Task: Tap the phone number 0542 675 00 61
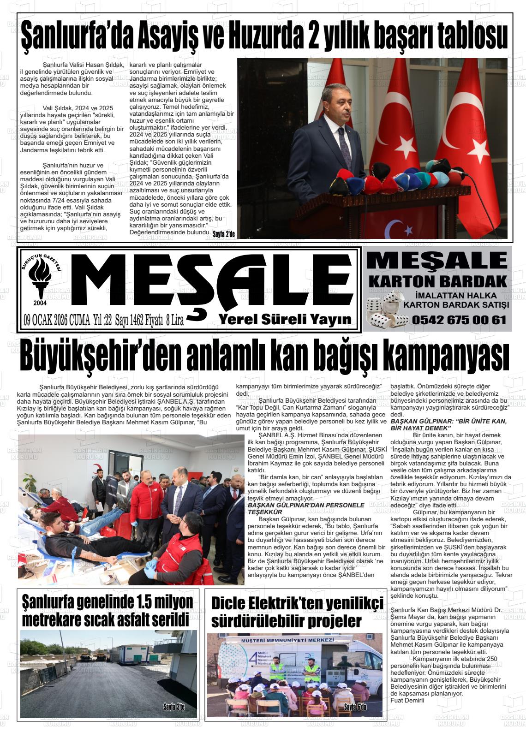pos(459,320)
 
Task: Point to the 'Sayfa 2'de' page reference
pos(224,234)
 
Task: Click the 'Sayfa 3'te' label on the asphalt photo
pos(174,707)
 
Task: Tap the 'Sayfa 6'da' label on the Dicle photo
pos(355,707)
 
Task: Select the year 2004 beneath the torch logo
pos(40,303)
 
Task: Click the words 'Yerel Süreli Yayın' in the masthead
pos(285,319)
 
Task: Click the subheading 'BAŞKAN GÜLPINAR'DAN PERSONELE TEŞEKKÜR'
pos(306,508)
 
